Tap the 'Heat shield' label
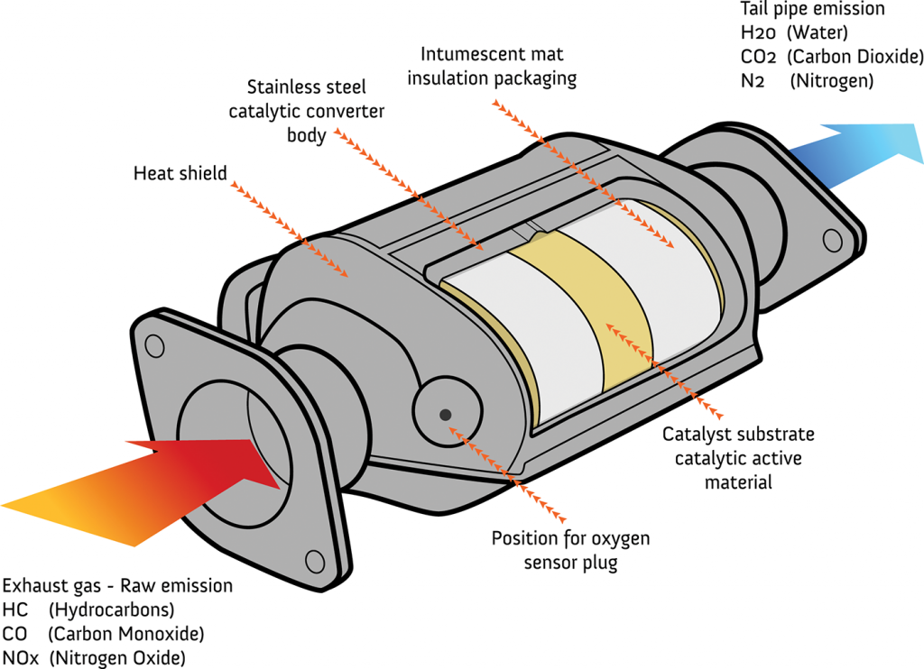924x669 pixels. (x=180, y=172)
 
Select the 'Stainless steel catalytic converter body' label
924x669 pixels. (x=307, y=112)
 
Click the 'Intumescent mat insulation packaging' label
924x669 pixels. (x=492, y=67)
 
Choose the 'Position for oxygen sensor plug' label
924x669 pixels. (x=570, y=551)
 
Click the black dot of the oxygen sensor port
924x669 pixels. (x=445, y=414)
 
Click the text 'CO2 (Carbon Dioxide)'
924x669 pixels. (x=831, y=57)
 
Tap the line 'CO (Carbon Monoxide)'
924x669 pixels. (x=103, y=633)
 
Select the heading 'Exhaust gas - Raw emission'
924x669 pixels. (x=117, y=586)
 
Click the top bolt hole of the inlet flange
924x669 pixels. (x=154, y=343)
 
